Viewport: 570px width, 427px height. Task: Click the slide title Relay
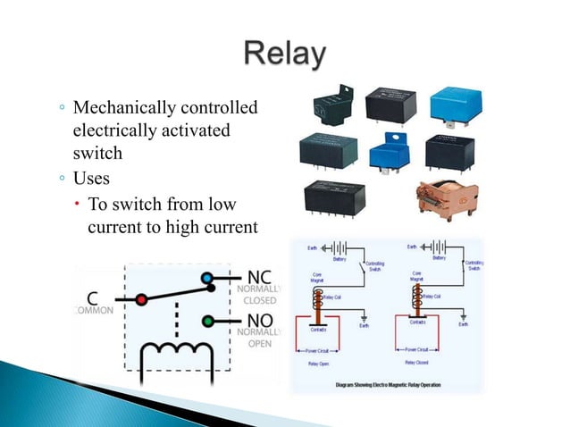(x=284, y=54)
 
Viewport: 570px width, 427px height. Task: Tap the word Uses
(x=93, y=176)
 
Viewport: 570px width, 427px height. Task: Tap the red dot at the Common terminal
(x=141, y=300)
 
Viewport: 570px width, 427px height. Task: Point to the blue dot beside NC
(x=207, y=279)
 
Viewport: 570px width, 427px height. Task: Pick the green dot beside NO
(x=207, y=321)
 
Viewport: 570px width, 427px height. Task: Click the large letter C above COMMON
(x=94, y=298)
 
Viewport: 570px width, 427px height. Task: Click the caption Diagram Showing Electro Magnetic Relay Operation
(x=386, y=384)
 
